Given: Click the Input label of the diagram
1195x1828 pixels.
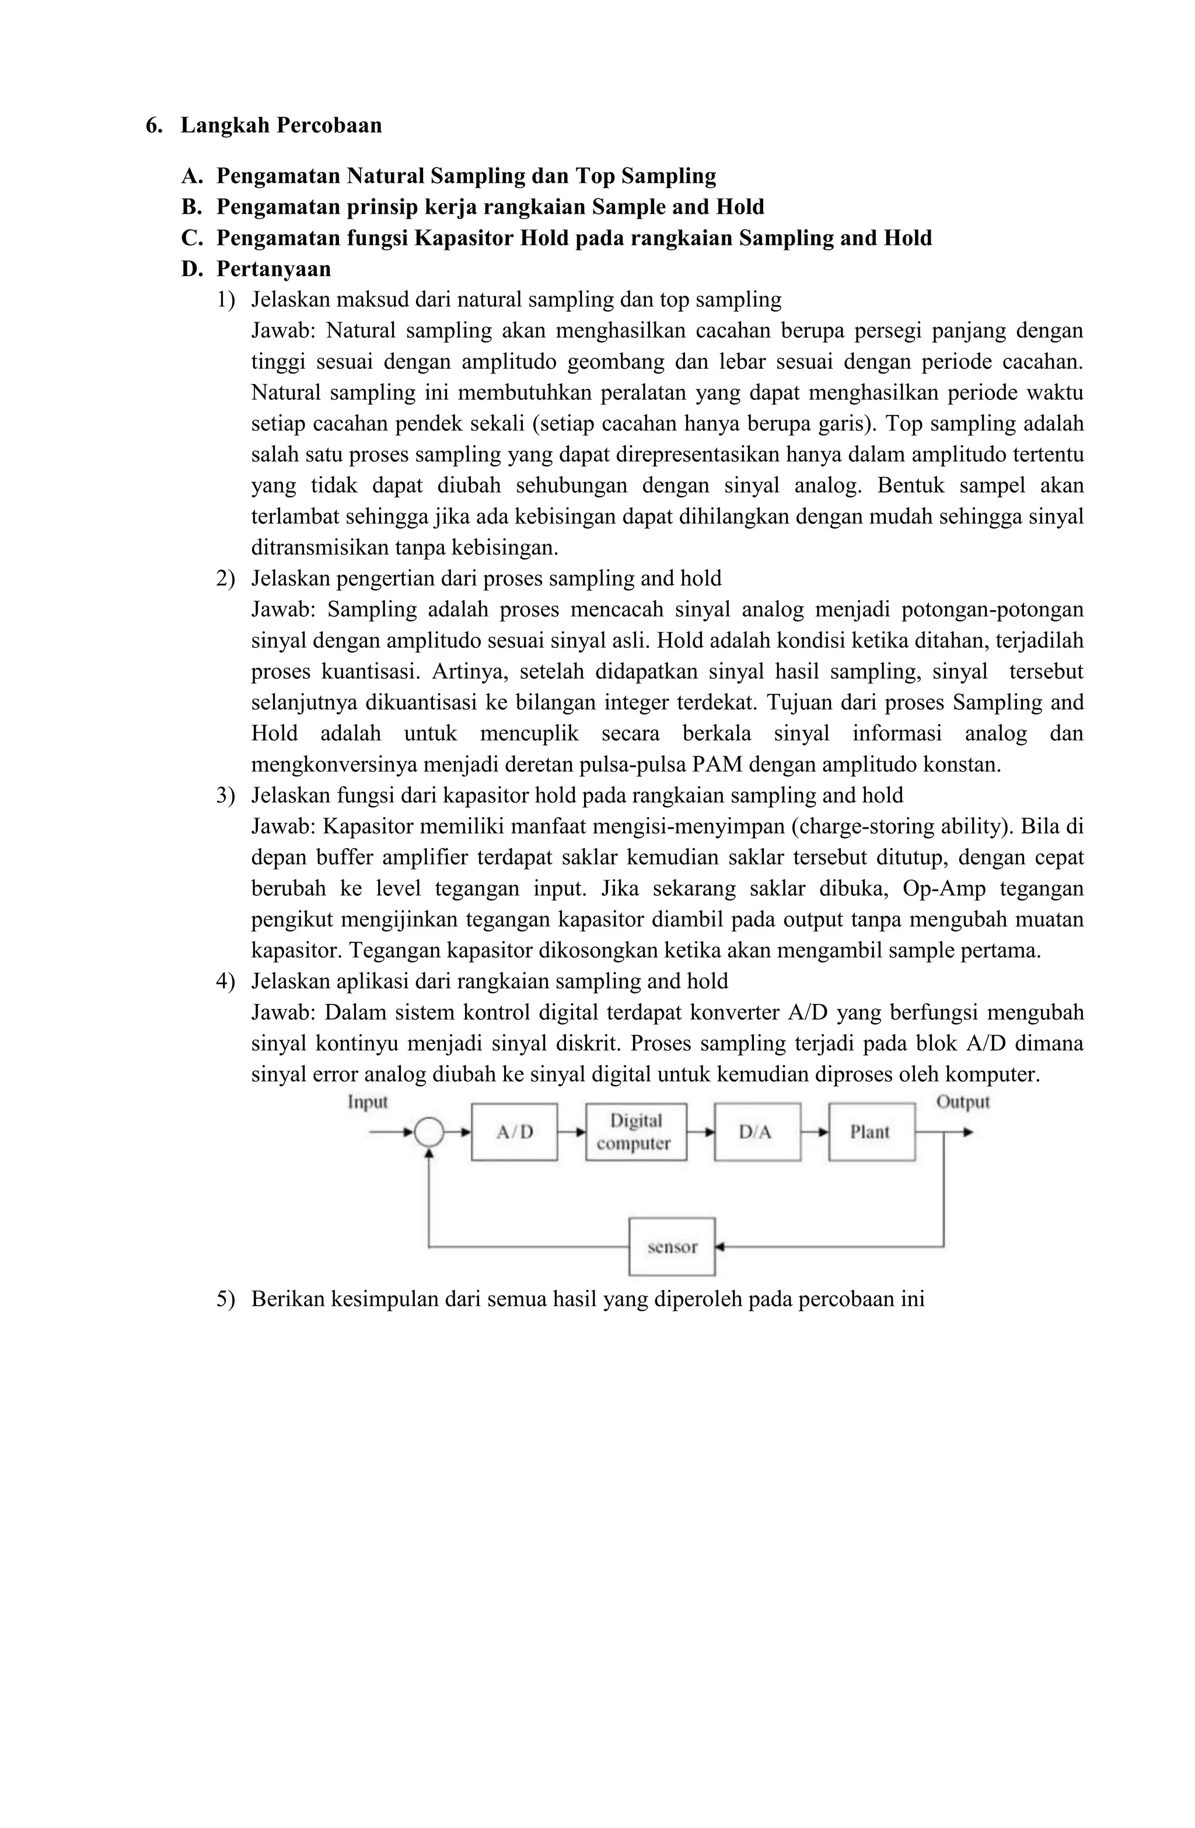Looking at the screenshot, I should coord(368,1102).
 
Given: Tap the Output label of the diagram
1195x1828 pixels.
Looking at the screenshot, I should coord(962,1102).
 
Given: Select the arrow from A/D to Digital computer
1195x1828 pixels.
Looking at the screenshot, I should coord(571,1132).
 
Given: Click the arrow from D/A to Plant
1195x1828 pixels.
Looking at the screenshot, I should coord(815,1132).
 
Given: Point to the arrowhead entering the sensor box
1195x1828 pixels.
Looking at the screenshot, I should coord(719,1247).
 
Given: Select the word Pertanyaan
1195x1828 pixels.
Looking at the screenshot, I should coord(274,269).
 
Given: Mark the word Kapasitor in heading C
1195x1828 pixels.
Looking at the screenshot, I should coord(464,238).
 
